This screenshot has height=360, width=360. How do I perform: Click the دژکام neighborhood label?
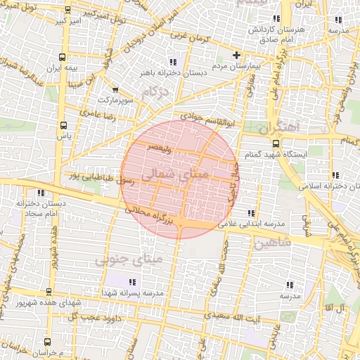(x=155, y=91)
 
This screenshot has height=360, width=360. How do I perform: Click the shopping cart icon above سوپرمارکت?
(x=115, y=91)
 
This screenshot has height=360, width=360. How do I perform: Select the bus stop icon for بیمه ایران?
(x=63, y=58)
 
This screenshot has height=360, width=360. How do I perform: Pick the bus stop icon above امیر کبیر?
(x=67, y=11)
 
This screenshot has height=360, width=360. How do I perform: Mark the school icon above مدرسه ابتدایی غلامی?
(x=250, y=213)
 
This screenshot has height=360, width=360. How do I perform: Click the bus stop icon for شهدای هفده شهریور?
(x=47, y=292)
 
